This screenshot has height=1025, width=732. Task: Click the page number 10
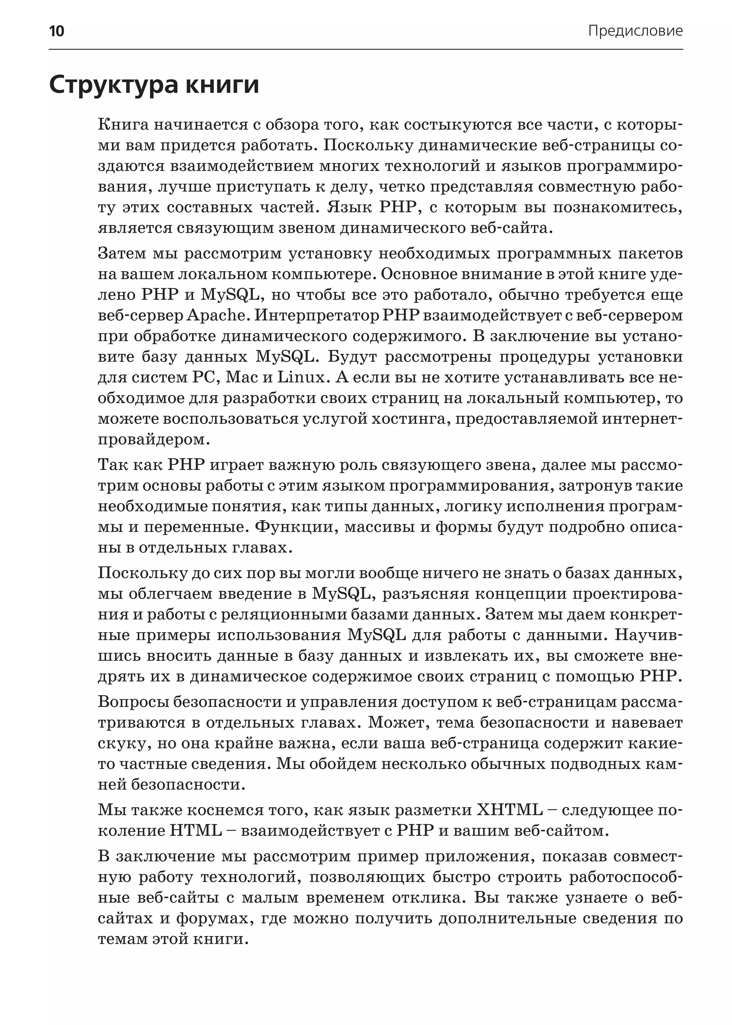[x=56, y=31]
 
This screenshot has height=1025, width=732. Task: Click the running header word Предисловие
[x=635, y=31]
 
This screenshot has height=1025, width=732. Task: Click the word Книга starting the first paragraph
[x=123, y=125]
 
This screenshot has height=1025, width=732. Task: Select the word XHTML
[x=510, y=810]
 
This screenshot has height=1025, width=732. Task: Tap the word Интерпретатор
[x=318, y=316]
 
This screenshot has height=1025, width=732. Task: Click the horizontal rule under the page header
[x=366, y=49]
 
